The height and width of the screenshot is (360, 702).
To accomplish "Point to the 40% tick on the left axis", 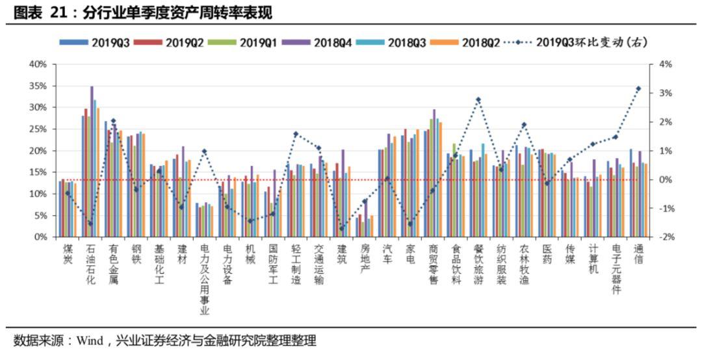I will tap(38, 64).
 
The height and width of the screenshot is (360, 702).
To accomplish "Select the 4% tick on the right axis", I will tap(664, 64).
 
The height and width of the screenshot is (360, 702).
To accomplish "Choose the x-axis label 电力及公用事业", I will tap(205, 279).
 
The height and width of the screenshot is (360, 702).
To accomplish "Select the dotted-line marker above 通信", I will tap(638, 88).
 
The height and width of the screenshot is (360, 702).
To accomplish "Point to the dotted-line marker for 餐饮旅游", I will tap(478, 100).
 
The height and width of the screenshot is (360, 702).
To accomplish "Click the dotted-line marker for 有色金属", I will tap(114, 121).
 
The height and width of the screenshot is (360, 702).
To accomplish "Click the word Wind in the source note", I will tap(90, 341).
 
